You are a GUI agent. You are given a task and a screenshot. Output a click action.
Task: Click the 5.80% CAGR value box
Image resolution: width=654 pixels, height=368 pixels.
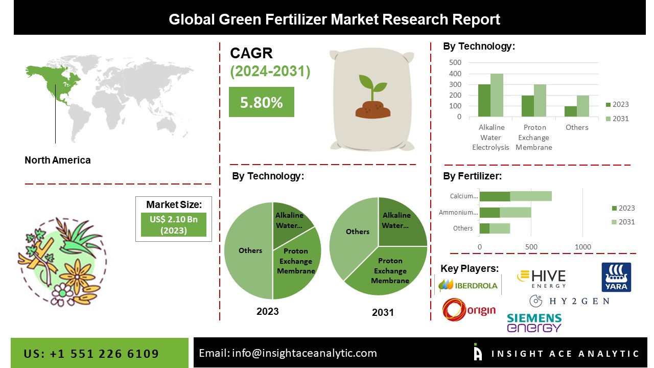(261, 102)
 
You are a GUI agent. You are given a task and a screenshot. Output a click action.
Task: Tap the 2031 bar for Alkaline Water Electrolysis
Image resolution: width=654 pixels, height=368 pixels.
(497, 95)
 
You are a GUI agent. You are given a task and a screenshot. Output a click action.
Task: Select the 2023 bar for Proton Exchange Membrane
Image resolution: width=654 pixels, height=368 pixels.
(527, 106)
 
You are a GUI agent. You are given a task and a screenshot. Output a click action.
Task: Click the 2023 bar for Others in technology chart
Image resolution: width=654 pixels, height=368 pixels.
(570, 111)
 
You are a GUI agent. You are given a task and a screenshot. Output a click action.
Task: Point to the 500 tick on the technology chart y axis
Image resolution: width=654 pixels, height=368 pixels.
(455, 62)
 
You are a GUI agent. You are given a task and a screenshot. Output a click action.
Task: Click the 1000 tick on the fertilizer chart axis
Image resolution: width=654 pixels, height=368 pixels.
(583, 247)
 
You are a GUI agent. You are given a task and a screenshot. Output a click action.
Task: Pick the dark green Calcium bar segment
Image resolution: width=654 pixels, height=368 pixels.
(495, 196)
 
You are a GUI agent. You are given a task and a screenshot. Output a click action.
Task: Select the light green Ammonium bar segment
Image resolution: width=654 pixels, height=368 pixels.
(515, 212)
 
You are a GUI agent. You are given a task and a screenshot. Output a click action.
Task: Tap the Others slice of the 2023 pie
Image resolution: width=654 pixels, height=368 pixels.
(249, 250)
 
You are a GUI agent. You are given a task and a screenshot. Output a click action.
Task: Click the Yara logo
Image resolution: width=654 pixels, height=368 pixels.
(616, 277)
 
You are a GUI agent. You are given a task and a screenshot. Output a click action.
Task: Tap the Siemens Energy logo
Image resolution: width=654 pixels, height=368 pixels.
(534, 323)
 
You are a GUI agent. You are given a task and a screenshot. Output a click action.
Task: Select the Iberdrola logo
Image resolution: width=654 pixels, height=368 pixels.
(468, 285)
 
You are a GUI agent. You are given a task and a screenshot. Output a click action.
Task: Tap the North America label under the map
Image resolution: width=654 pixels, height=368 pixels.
(58, 160)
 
